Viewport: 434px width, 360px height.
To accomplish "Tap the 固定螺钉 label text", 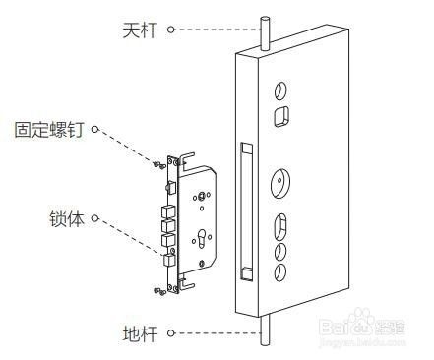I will point(49,129).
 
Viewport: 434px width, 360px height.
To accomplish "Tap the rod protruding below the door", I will point(263,332).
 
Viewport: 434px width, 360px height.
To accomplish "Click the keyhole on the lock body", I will point(203,238).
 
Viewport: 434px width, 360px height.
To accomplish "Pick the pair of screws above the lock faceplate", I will point(159,162).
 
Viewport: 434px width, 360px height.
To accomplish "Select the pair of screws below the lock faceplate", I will point(159,289).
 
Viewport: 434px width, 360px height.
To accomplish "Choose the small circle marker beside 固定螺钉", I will point(97,129).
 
